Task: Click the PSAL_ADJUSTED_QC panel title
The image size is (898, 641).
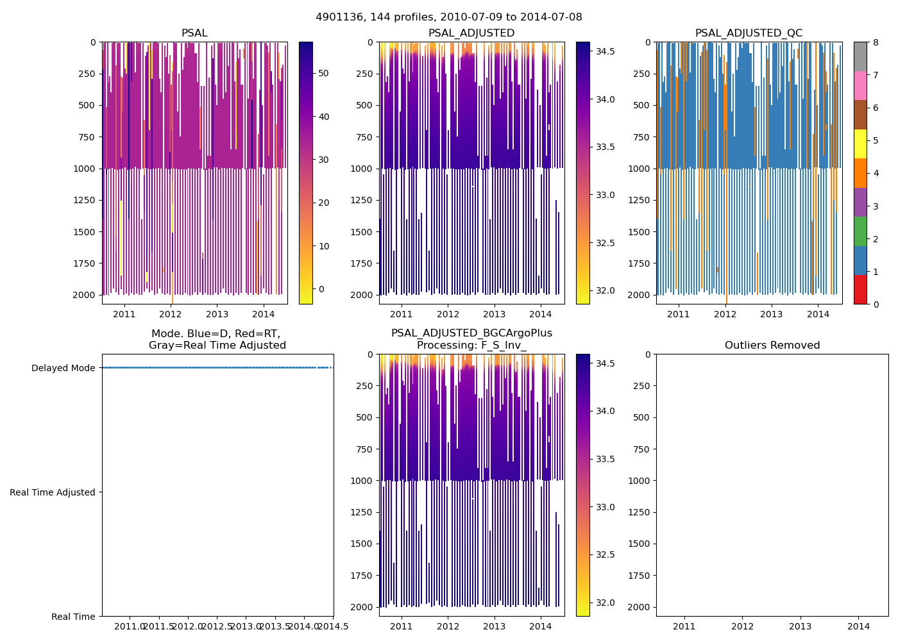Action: pyautogui.click(x=749, y=33)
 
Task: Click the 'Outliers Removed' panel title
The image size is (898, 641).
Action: pyautogui.click(x=772, y=345)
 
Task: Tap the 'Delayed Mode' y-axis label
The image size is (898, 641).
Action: pyautogui.click(x=63, y=368)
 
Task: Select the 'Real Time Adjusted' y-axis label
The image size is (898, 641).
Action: pyautogui.click(x=53, y=492)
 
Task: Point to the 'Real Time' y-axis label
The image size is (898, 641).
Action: pyautogui.click(x=73, y=617)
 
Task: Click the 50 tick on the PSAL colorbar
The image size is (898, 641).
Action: pyautogui.click(x=324, y=73)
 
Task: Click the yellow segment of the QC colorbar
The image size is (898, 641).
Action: pyautogui.click(x=860, y=144)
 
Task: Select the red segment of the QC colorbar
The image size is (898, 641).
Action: pyautogui.click(x=860, y=290)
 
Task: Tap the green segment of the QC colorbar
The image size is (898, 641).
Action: pyautogui.click(x=860, y=231)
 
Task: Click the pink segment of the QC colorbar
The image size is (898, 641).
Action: pyautogui.click(x=860, y=86)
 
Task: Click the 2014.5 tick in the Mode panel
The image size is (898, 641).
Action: pyautogui.click(x=333, y=626)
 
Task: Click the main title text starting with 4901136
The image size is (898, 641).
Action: pyautogui.click(x=449, y=17)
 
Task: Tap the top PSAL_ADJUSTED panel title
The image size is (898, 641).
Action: pyautogui.click(x=471, y=33)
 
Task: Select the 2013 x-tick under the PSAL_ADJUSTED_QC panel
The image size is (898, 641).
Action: pyautogui.click(x=772, y=314)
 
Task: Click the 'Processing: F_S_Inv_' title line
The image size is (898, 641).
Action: pyautogui.click(x=471, y=345)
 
